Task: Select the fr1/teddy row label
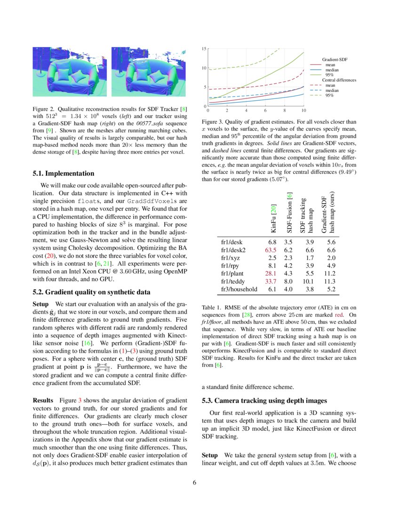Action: coord(232,281)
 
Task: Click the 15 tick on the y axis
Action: coord(204,49)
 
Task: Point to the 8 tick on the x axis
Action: coord(284,110)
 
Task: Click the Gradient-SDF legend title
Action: coord(334,59)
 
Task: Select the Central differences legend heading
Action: coord(339,80)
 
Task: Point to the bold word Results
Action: coord(43,400)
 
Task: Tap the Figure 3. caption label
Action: coord(214,122)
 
